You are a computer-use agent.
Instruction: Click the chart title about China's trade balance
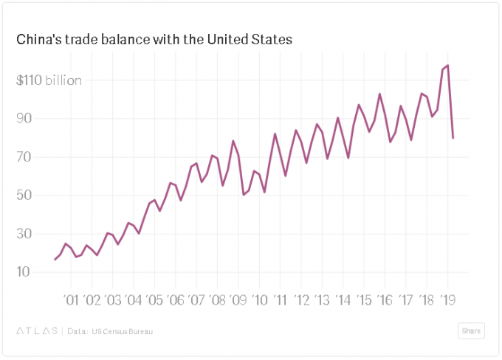tap(154, 39)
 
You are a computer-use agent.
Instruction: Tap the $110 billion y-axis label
tap(49, 80)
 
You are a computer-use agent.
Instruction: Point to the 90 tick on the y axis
tap(24, 119)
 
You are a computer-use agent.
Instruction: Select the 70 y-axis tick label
tap(24, 157)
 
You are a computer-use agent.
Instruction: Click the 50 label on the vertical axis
tap(24, 195)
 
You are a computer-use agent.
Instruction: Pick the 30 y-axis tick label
tap(24, 234)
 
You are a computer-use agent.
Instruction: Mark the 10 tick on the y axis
tap(24, 272)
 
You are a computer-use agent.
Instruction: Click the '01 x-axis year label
tap(71, 300)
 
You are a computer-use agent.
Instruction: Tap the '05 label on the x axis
tap(154, 300)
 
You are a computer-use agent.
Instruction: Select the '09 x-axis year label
tap(238, 300)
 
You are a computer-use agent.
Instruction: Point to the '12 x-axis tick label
tap(301, 300)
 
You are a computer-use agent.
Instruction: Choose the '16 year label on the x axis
tap(384, 300)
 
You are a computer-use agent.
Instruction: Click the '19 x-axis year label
tap(447, 300)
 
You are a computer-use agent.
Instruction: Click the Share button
tap(471, 331)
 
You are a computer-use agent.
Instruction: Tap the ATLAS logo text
tap(36, 331)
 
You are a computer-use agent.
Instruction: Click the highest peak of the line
tap(448, 66)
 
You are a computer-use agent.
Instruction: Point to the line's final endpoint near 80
tap(453, 138)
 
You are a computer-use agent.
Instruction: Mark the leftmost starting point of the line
tap(55, 260)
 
